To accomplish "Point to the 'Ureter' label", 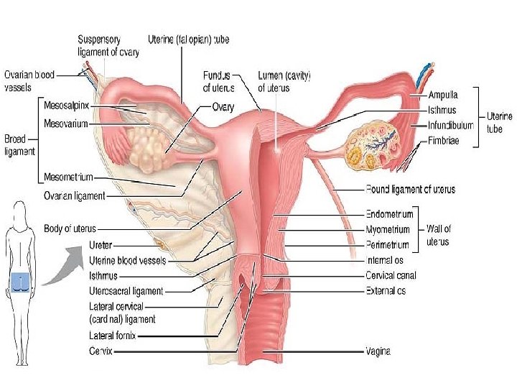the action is coord(100,244).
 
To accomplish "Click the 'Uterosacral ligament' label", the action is coord(126,291).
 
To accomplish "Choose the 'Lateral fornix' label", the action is coord(112,335).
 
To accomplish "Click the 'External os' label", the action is coord(386,291).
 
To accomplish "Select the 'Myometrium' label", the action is coord(388,229).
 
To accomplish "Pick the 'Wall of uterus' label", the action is coord(439,235).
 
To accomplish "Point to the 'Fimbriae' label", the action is coord(443,141).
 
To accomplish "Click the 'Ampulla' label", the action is coord(443,94).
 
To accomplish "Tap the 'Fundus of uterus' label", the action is coord(216,81).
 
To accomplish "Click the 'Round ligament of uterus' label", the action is coord(410,190).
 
